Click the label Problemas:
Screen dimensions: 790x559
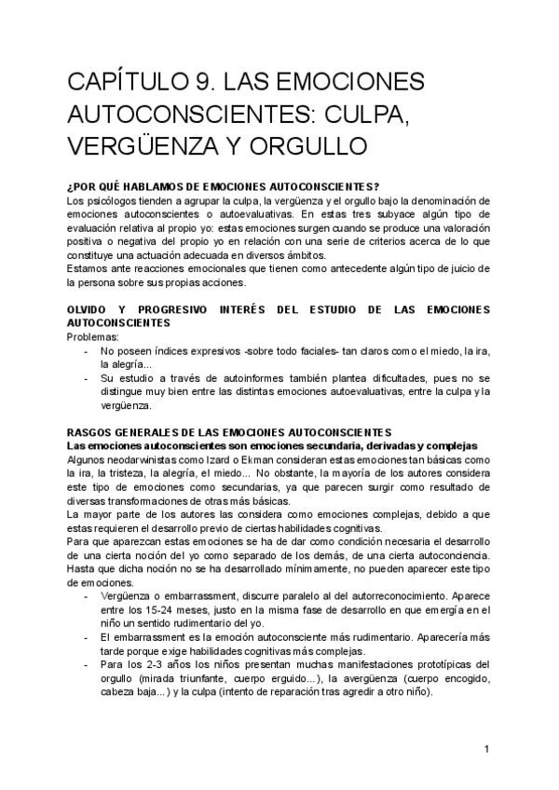pyautogui.click(x=94, y=336)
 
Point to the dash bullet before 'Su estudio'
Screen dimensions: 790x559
pyautogui.click(x=87, y=378)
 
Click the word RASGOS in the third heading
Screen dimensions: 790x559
pyautogui.click(x=90, y=432)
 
